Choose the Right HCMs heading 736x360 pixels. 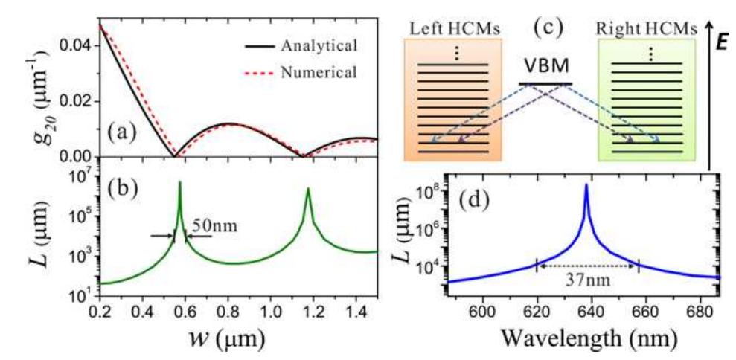coord(647,28)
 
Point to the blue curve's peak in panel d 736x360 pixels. coord(586,185)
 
